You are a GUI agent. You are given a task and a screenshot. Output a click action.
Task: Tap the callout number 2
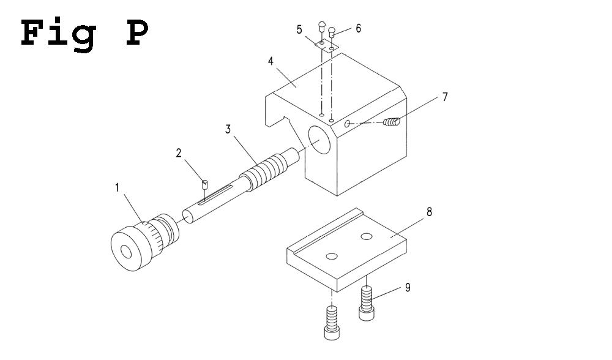[179, 153]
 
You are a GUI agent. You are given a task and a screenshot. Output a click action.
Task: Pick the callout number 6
[359, 28]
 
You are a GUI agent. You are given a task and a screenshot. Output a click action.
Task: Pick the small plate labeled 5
[325, 46]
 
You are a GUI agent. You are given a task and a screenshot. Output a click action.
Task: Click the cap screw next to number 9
[367, 305]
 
